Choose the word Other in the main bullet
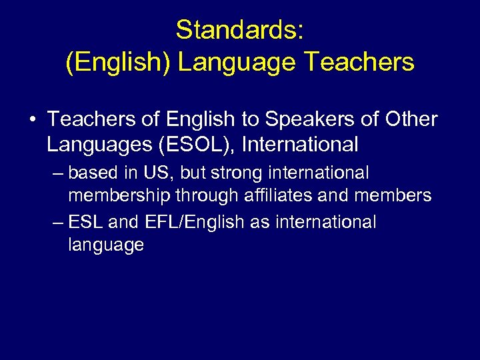click(x=411, y=119)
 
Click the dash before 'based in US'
click(x=58, y=173)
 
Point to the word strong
click(x=234, y=173)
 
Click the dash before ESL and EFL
click(x=58, y=222)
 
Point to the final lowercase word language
click(x=105, y=245)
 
